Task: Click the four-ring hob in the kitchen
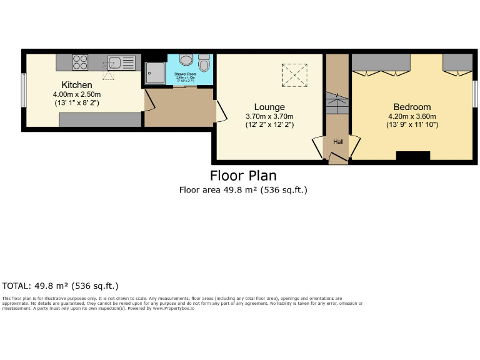point(81,62)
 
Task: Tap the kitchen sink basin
point(114,62)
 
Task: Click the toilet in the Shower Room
point(186,60)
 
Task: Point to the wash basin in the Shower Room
point(204,64)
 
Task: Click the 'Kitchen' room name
point(77,85)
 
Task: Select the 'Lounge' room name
point(269,107)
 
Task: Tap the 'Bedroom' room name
point(412,107)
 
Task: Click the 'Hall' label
point(338,142)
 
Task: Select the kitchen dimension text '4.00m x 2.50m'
point(77,94)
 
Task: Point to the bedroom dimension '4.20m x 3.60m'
point(412,116)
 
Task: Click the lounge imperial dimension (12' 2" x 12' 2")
point(269,125)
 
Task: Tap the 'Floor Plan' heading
point(243,176)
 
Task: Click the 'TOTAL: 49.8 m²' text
point(61,286)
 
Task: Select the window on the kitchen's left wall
point(24,90)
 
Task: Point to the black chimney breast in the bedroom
point(413,156)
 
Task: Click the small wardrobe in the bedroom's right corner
point(458,62)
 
